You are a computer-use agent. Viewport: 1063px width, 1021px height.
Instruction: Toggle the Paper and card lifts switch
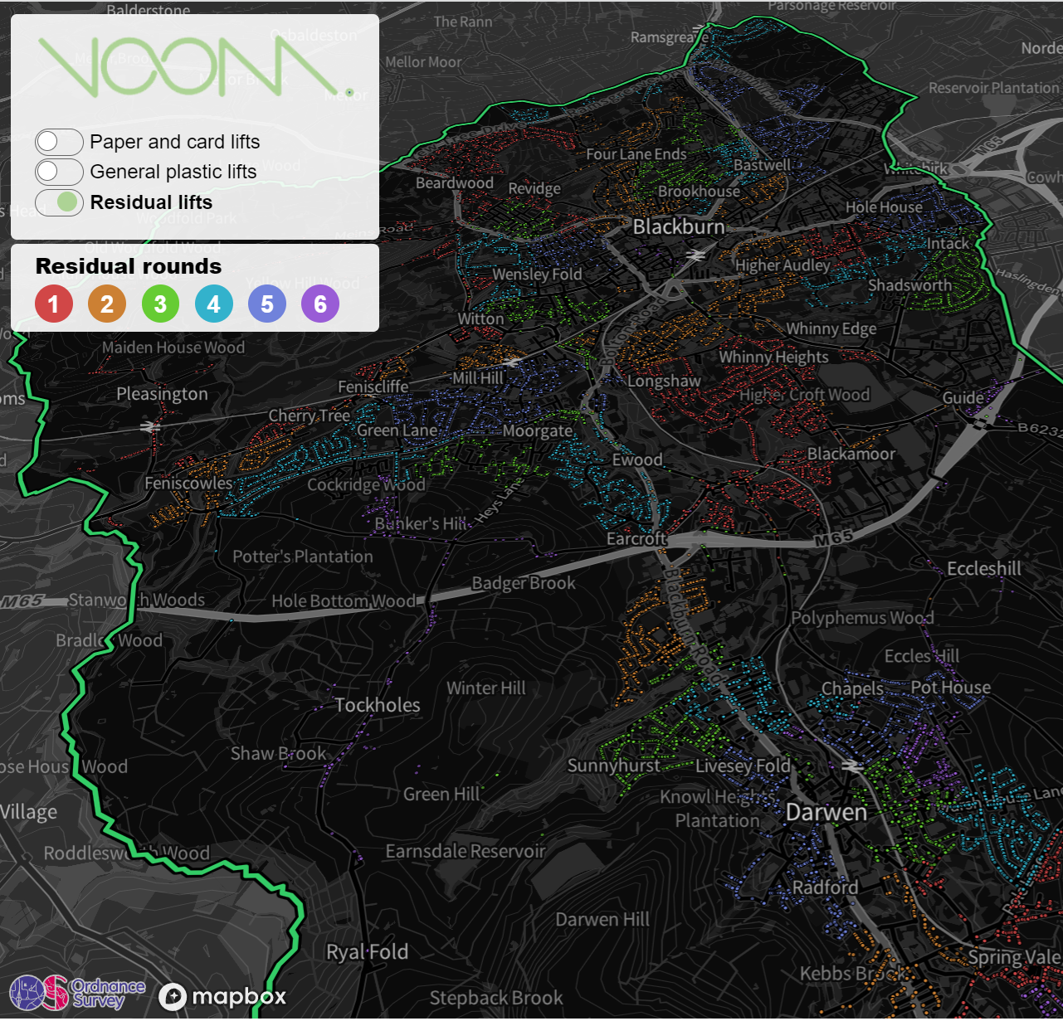click(59, 142)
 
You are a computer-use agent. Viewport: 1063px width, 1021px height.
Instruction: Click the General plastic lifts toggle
click(59, 172)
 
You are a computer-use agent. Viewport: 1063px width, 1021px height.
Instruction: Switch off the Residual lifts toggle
click(59, 202)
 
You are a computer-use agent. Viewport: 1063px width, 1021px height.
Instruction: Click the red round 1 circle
click(54, 304)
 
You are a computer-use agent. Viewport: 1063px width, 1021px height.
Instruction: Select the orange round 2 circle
click(107, 304)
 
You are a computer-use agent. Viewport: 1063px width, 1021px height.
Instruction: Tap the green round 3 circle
click(160, 304)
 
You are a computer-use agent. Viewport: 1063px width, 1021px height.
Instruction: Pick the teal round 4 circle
click(214, 304)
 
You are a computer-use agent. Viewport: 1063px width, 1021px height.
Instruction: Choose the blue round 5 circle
click(267, 304)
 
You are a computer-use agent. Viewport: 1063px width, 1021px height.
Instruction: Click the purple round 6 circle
click(320, 304)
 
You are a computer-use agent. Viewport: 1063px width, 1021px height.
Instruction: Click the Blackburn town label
click(679, 226)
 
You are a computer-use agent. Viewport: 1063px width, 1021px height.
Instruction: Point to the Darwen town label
click(827, 812)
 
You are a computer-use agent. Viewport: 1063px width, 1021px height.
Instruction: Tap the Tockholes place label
click(378, 705)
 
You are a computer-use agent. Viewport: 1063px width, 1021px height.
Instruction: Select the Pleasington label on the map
click(162, 394)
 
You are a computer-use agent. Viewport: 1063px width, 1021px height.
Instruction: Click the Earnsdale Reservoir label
click(466, 851)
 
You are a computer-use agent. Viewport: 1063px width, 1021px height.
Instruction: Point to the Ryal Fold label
click(367, 952)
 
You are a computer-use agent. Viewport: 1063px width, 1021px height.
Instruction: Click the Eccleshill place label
click(984, 569)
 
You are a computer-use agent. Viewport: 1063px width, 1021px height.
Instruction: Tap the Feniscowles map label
click(188, 484)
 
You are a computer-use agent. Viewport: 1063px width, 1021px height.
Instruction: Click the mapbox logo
click(222, 996)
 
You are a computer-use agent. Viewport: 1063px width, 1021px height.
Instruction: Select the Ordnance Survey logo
click(77, 992)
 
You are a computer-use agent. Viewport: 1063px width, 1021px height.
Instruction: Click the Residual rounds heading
click(129, 266)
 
